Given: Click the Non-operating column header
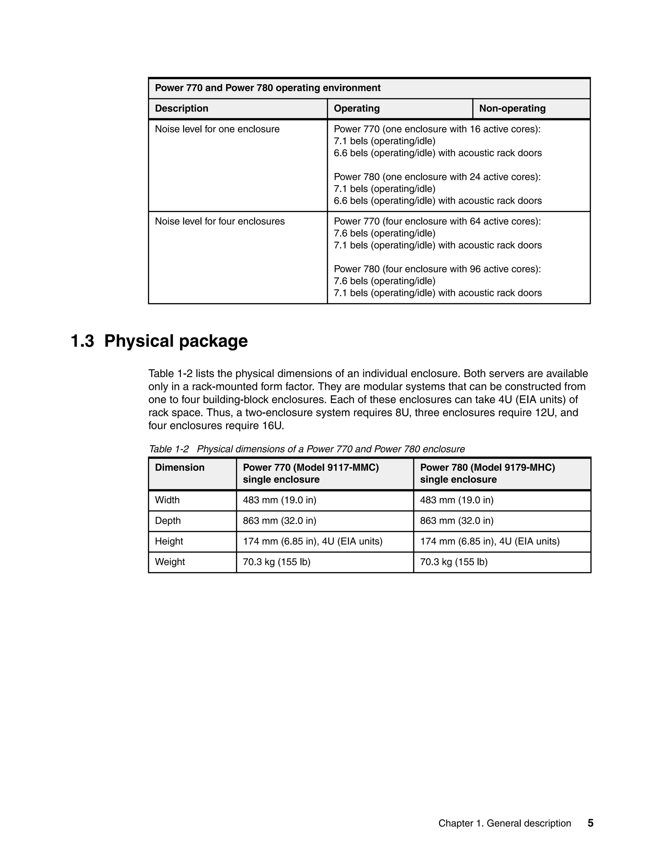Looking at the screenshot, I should (512, 109).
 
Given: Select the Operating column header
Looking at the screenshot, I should (356, 109).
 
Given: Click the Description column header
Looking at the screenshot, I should (181, 109).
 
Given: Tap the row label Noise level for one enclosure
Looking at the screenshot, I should (217, 129).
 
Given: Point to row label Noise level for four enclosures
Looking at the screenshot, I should (219, 221).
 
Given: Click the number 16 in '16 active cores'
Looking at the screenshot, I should (475, 129).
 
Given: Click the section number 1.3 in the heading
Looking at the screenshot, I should (82, 341).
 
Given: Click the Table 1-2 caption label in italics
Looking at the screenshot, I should (168, 449).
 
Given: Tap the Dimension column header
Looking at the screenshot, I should (179, 468).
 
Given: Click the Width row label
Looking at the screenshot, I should (167, 500).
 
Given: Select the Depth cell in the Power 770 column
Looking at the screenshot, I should (279, 521).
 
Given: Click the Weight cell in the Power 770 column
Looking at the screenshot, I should (276, 562).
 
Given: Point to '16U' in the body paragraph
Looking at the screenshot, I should (272, 426).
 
